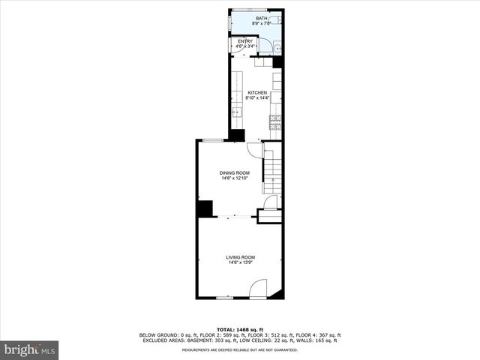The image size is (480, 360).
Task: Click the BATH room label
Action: tap(261, 18)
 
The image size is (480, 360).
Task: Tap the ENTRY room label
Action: tap(245, 41)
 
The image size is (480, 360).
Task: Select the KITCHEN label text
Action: tap(257, 93)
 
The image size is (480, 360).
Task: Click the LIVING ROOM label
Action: tap(241, 257)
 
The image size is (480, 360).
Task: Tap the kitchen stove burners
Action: tap(276, 121)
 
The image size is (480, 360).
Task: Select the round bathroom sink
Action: tap(277, 49)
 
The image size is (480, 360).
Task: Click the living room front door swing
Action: tap(257, 288)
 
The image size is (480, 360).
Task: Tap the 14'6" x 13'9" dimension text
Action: tap(241, 262)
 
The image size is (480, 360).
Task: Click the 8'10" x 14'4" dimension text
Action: tap(257, 98)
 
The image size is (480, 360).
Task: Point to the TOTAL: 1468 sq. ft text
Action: tap(240, 329)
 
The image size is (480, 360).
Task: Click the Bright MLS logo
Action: tap(29, 349)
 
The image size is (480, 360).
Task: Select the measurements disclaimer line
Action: tap(240, 349)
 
